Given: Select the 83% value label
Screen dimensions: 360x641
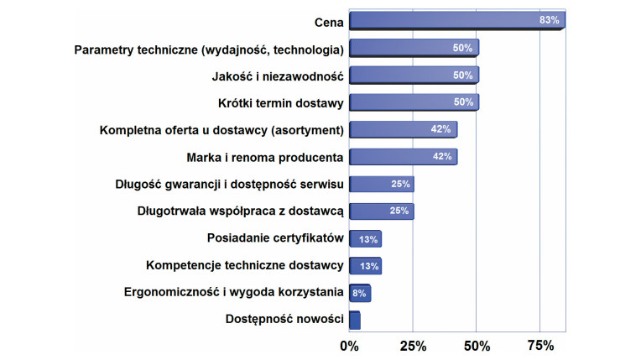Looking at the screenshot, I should click(x=550, y=20).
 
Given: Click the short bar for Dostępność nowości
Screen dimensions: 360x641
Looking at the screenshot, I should click(x=354, y=320).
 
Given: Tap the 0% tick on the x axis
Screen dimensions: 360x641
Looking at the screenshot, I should click(x=349, y=345).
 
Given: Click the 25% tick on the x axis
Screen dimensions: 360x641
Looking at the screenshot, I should click(x=413, y=345).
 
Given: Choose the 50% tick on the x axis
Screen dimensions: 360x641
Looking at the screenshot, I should click(x=477, y=345).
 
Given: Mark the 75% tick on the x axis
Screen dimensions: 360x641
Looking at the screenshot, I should click(x=540, y=345).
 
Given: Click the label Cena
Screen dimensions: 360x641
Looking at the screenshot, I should click(x=328, y=21).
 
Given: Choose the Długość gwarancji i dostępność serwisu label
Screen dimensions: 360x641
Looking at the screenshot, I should click(x=229, y=184).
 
